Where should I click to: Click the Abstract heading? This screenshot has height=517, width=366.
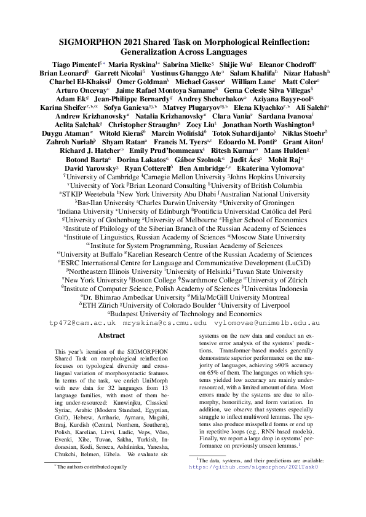(x=111, y=336)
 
